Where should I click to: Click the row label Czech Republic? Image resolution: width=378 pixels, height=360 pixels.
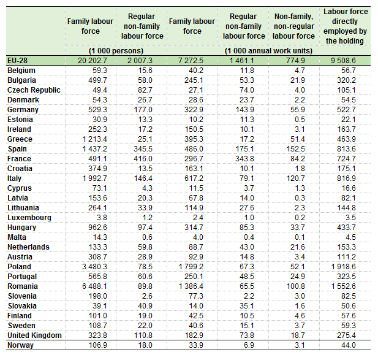34,90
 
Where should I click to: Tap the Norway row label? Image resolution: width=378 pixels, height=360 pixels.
20,345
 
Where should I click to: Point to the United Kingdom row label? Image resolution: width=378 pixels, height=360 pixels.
34,335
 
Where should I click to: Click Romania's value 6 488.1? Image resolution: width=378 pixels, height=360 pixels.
94,286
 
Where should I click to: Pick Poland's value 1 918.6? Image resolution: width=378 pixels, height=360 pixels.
343,267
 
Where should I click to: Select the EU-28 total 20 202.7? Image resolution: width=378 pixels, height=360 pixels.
93,61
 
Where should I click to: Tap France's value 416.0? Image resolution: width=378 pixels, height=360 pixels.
143,159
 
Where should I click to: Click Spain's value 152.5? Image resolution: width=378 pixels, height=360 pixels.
295,149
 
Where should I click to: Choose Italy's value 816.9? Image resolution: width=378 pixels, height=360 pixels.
346,178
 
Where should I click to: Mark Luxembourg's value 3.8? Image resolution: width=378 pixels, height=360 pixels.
102,218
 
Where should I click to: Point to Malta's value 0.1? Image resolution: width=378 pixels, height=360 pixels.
300,237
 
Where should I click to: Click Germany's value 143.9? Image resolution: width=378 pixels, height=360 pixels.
244,110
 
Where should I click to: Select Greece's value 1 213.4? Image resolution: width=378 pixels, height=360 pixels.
94,139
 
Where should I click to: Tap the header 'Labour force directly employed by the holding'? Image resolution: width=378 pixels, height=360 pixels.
346,26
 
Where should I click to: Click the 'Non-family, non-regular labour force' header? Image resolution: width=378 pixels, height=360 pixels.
293,26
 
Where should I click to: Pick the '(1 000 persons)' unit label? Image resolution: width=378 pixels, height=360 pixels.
116,51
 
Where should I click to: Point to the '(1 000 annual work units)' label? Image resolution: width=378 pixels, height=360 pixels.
268,51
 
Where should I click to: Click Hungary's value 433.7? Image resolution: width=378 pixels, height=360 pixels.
346,228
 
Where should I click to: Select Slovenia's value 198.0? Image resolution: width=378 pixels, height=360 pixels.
97,296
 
